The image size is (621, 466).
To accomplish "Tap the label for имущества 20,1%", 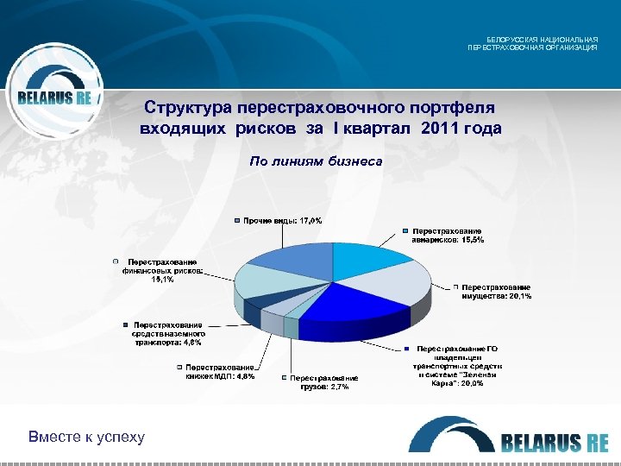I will coord(496,292).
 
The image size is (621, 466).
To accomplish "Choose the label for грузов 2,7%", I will coord(323,382).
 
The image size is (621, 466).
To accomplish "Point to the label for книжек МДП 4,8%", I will coord(220,372).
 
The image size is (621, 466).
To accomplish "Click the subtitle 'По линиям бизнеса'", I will coord(316,161).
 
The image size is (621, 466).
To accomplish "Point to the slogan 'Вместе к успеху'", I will coord(86,437).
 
